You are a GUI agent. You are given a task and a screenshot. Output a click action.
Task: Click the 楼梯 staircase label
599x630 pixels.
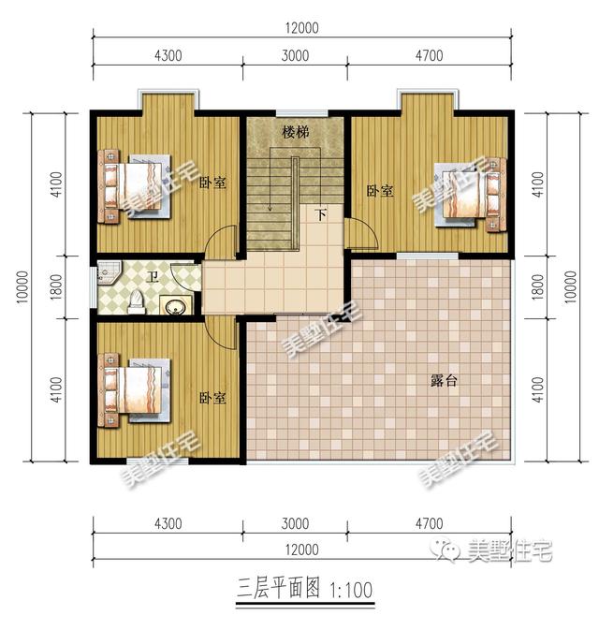[x=295, y=132]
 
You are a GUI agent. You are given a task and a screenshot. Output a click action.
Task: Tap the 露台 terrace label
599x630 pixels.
[x=444, y=380]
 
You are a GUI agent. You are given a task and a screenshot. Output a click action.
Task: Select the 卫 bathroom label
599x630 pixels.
[x=153, y=276]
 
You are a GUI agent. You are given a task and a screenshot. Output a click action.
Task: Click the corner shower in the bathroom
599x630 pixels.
[x=108, y=272]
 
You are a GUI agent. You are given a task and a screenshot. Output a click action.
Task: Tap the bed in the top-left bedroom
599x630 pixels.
[x=135, y=185]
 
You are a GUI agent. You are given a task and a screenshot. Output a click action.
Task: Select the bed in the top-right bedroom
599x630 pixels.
[x=470, y=195]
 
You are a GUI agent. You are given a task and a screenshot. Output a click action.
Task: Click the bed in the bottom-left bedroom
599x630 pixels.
[x=135, y=389]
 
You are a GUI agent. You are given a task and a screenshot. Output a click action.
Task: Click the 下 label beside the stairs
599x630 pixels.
[x=321, y=214]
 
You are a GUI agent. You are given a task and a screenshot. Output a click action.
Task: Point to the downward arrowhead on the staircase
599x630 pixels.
[x=270, y=208]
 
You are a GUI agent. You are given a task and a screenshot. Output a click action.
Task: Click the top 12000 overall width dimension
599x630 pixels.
[x=301, y=28]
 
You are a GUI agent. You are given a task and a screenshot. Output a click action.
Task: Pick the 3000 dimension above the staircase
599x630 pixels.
[x=295, y=55]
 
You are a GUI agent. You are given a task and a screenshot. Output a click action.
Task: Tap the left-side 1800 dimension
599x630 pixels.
[x=56, y=286]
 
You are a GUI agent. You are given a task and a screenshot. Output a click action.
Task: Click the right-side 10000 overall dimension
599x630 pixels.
[x=570, y=286]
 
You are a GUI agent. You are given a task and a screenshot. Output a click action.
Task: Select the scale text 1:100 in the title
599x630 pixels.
[x=351, y=591]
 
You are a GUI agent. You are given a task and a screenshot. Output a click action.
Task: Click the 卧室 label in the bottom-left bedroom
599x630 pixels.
[x=212, y=398]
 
